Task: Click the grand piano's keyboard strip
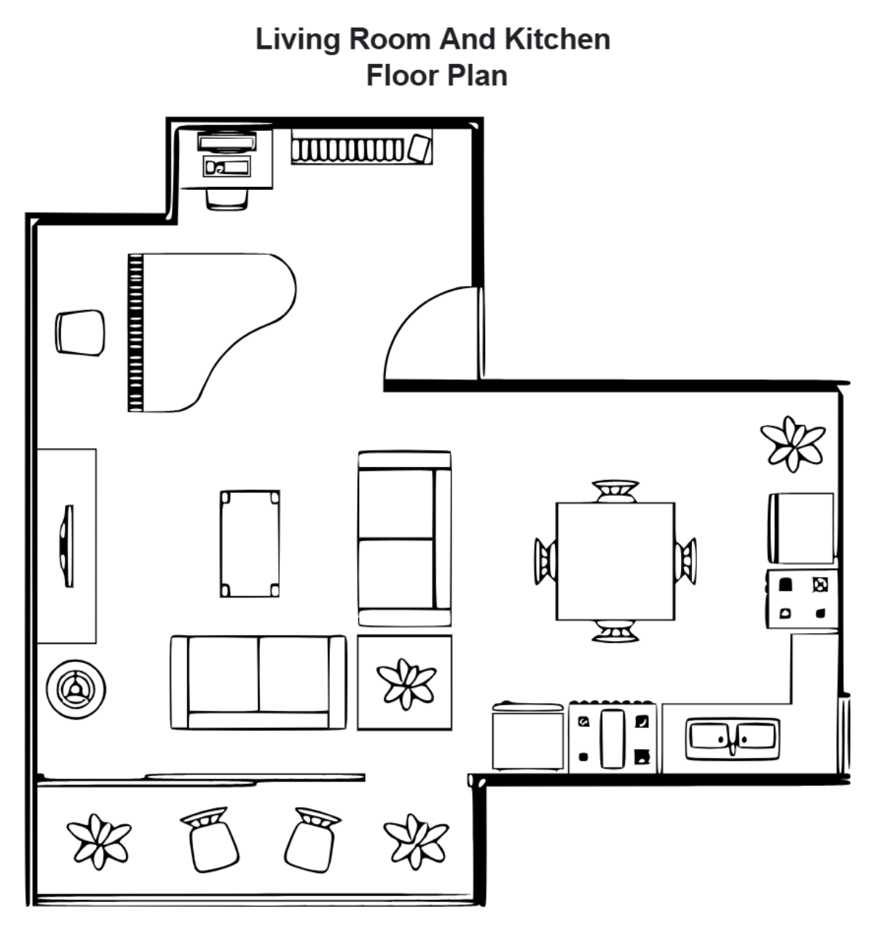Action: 135,333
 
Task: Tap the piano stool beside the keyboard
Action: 80,333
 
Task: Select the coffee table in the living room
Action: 250,544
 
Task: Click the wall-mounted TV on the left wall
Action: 68,546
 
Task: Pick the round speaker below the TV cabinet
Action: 76,688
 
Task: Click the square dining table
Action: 615,561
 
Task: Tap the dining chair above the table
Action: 615,490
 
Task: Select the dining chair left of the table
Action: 545,561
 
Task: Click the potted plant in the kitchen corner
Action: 792,443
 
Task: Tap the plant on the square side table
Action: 406,684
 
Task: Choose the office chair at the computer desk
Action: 227,199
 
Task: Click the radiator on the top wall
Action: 347,149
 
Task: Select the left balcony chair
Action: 210,840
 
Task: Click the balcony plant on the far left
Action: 98,840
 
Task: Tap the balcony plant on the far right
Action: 416,840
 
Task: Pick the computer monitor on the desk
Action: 227,140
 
